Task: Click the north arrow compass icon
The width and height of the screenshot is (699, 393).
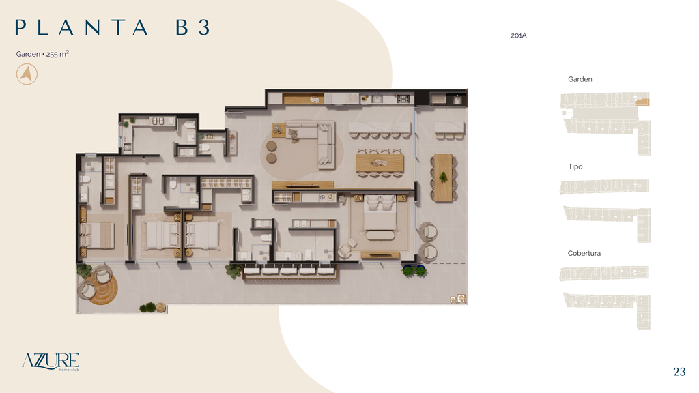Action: tap(27, 74)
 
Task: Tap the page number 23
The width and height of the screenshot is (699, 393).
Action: tap(679, 372)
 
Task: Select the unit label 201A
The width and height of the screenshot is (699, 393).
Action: tap(519, 35)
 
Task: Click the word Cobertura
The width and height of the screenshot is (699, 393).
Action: tap(584, 253)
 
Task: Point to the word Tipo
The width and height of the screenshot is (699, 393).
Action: tap(575, 166)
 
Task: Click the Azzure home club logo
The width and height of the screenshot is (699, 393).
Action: tap(51, 362)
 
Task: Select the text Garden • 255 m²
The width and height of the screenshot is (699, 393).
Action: tap(42, 54)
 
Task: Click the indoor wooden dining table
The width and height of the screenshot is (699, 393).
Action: tap(380, 163)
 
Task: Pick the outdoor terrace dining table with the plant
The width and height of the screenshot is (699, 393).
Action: tap(443, 177)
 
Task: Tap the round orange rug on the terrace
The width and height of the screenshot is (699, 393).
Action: tap(102, 289)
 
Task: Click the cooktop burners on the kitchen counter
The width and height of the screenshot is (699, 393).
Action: tap(403, 98)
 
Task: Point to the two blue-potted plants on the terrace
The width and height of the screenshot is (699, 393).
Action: tap(414, 270)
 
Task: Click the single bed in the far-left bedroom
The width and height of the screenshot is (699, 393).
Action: tap(97, 235)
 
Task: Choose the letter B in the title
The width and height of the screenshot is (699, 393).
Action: tap(182, 27)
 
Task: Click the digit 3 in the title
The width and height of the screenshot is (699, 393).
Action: tap(203, 27)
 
